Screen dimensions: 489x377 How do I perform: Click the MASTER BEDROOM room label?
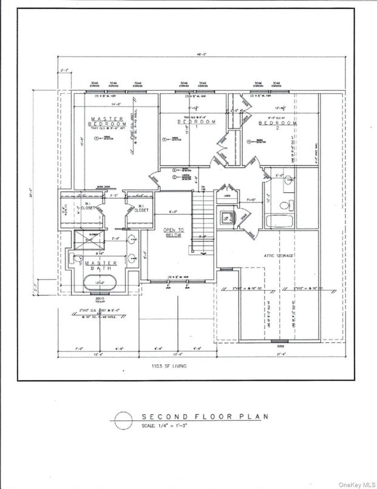(108, 122)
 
